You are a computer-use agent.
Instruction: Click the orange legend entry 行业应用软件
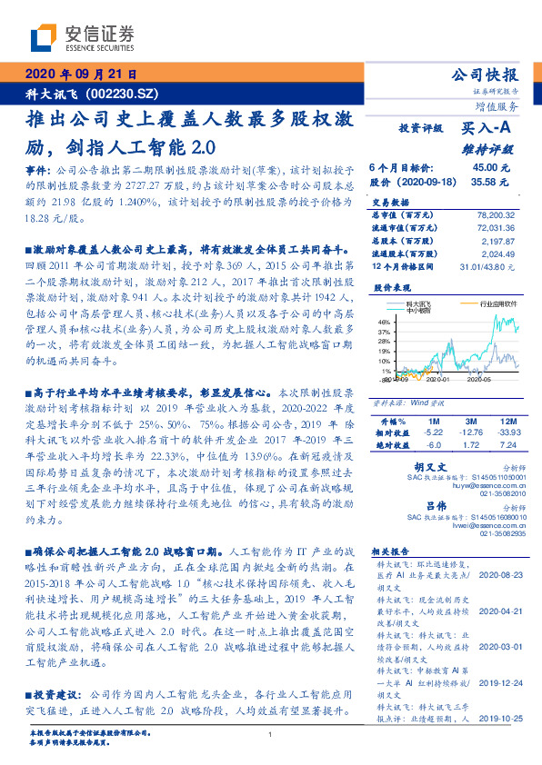point(499,304)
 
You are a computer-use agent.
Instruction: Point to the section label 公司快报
point(485,75)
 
